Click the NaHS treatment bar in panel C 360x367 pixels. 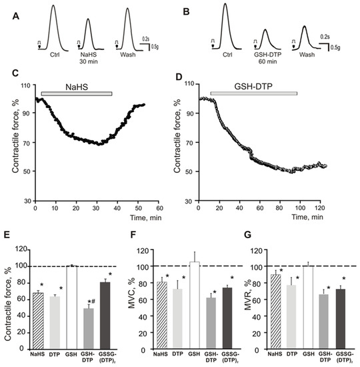76,94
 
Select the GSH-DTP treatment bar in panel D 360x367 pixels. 253,94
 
